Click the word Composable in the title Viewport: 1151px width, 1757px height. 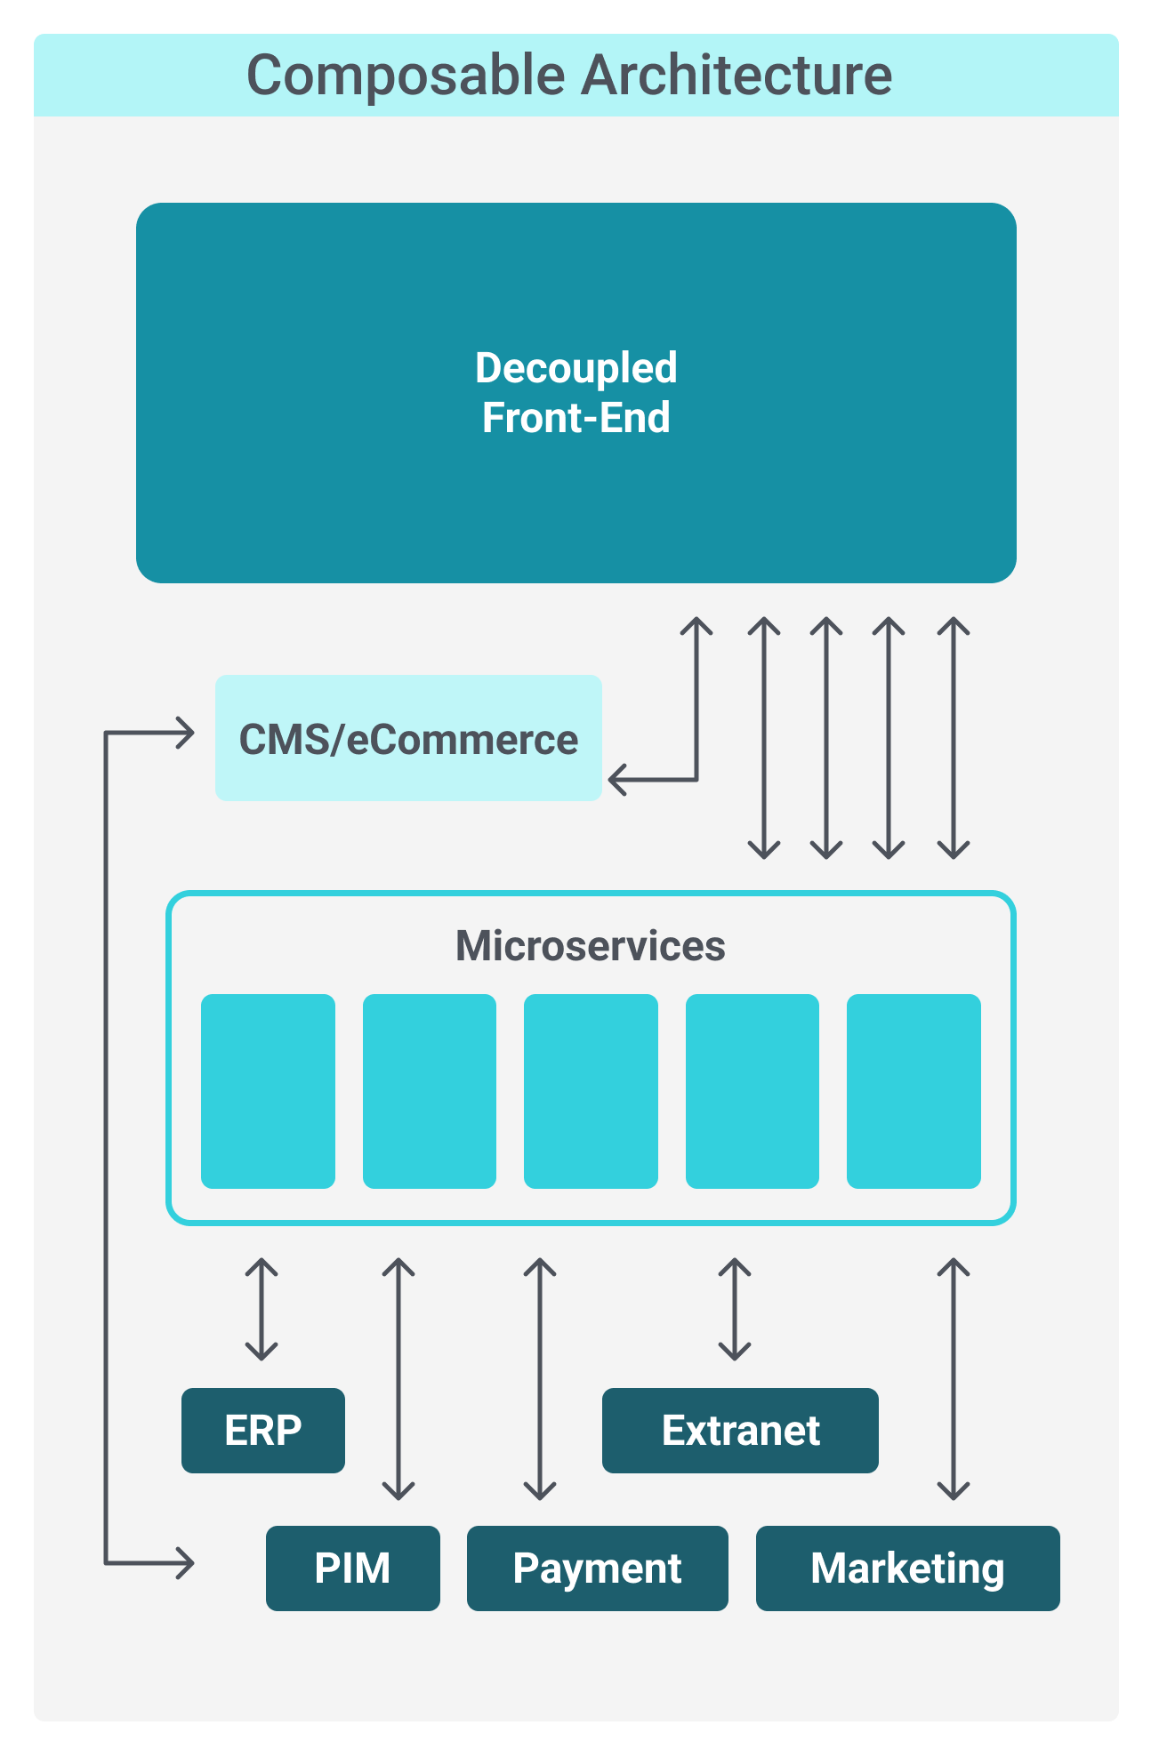coord(406,76)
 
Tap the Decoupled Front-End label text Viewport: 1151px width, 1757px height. coord(576,393)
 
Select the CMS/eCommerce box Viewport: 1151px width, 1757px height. coord(408,738)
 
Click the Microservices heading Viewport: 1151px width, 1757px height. coord(590,946)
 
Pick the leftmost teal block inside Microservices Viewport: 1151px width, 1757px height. coord(268,1091)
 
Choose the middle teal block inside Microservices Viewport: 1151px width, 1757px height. coord(591,1091)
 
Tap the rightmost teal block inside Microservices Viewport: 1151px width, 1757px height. coord(914,1091)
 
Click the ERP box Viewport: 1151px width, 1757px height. coord(263,1431)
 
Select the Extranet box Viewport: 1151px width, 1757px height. coord(740,1431)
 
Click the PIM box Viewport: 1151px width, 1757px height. coord(352,1568)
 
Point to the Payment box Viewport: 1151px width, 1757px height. coord(597,1568)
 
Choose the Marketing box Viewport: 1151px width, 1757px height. coord(907,1568)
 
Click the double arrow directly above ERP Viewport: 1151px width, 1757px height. coord(262,1310)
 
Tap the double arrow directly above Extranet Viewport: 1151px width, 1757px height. coord(735,1310)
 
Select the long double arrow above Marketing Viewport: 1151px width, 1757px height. coord(954,1378)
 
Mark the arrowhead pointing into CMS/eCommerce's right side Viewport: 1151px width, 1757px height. coord(616,780)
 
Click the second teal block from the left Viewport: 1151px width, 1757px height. coord(430,1091)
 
